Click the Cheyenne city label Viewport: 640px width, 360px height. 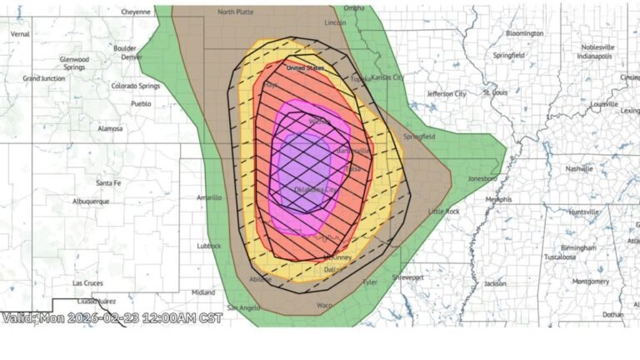(136, 12)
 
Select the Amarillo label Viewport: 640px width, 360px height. (208, 197)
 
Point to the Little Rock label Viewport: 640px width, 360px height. (443, 212)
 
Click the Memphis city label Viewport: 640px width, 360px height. (498, 200)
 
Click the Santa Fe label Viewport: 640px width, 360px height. (109, 182)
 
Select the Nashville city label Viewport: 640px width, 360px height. (578, 167)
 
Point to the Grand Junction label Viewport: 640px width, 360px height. (42, 77)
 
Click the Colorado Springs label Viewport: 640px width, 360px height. (136, 86)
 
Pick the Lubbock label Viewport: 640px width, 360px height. (209, 246)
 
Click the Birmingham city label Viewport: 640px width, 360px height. (578, 247)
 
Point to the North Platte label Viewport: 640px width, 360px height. (236, 12)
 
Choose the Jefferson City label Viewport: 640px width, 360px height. (446, 94)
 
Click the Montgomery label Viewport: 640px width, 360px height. (591, 282)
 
